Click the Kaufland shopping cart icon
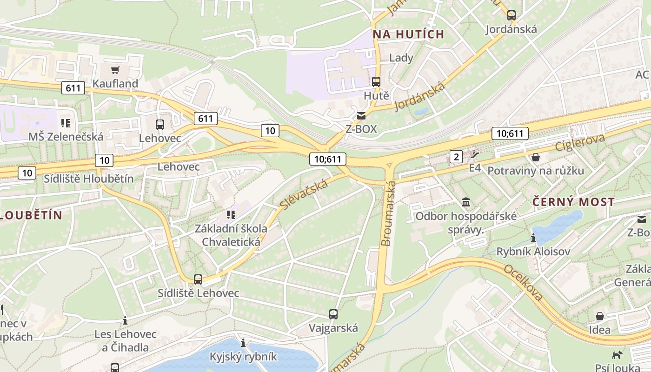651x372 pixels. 115,70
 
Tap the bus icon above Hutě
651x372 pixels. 376,82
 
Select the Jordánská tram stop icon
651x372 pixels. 511,15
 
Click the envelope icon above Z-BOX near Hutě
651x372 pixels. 361,116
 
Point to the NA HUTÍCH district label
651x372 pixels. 408,34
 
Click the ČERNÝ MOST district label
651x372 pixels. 573,202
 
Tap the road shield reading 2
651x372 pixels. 456,157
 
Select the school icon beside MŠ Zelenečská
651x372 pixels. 66,123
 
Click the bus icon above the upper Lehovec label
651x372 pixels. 159,125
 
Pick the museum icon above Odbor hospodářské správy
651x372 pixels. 465,202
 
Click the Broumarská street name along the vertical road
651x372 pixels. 388,214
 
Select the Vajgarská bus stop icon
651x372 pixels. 333,314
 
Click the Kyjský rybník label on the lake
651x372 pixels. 243,357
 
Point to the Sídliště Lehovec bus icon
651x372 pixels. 198,279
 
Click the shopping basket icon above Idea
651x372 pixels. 600,316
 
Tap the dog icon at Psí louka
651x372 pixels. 617,355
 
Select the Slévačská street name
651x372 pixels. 305,194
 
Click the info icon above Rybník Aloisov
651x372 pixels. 533,238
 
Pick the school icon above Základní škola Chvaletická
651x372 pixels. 231,215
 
